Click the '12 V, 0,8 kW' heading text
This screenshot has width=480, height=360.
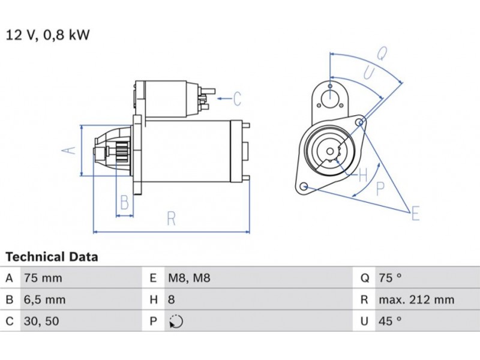click(48, 35)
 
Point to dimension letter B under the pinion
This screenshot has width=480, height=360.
click(124, 202)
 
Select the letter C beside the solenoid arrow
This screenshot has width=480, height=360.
click(237, 98)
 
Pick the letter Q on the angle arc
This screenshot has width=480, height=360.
click(382, 54)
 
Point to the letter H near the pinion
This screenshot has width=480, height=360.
click(362, 176)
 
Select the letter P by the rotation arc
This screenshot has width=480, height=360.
click(380, 189)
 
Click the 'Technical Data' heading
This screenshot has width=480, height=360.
click(52, 257)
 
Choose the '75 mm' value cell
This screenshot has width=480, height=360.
click(43, 278)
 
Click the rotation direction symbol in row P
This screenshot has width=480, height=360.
click(176, 322)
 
